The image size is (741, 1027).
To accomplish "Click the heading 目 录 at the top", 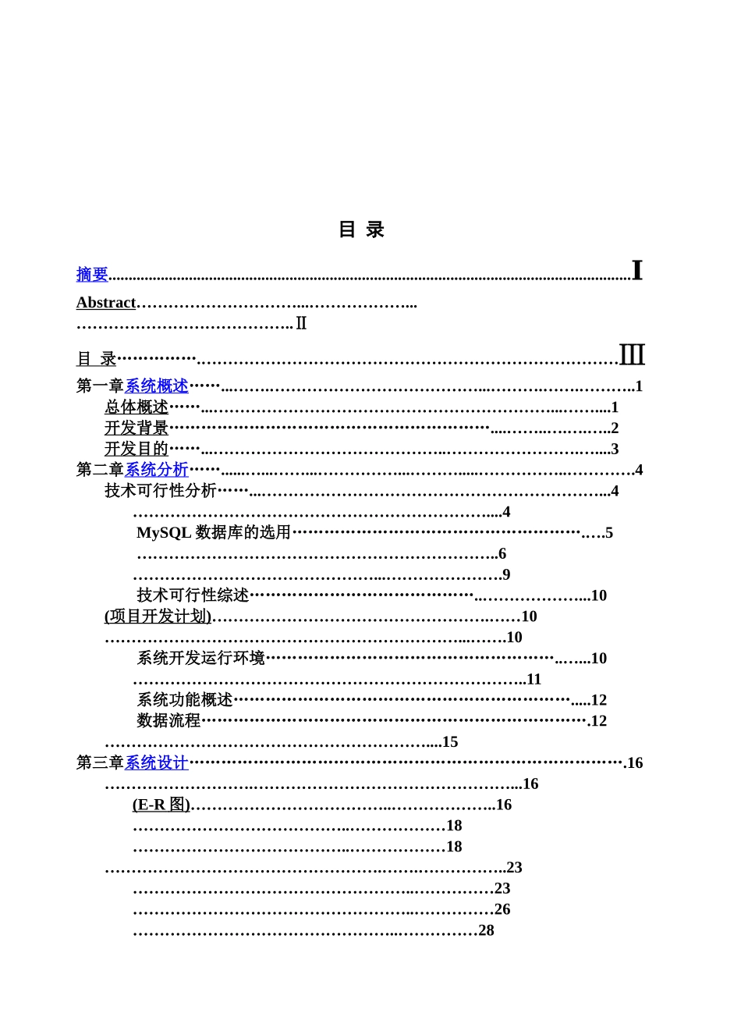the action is coord(361,229).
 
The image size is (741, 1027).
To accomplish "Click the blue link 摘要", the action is coord(92,275).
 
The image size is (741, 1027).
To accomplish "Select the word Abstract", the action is coord(106,303).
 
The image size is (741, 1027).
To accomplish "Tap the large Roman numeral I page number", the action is coord(636,271).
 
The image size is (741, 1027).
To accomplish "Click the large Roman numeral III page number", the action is coord(632,355).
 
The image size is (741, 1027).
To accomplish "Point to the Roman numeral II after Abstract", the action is coord(301,324).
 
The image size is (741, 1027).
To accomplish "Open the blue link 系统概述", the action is coord(157,386).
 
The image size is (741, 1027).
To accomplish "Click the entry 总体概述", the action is coord(136,407).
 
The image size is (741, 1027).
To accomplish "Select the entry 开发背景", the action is coord(136,428).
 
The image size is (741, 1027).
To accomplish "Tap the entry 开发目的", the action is coord(136,450).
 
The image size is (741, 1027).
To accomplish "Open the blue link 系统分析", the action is coord(157,470).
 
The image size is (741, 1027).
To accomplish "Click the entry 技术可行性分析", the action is coord(161,491).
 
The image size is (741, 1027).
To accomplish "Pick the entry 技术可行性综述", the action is coord(193,595).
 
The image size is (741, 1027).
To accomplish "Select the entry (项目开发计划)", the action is coord(158,617).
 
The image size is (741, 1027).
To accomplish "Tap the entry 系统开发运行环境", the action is coord(201,659).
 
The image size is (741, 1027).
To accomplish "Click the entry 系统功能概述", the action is coord(185,700).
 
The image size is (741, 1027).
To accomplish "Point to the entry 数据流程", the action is coord(168,721).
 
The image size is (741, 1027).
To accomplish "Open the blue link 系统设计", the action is coord(157,763).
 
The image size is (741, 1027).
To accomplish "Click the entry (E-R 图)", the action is coord(161,805).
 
